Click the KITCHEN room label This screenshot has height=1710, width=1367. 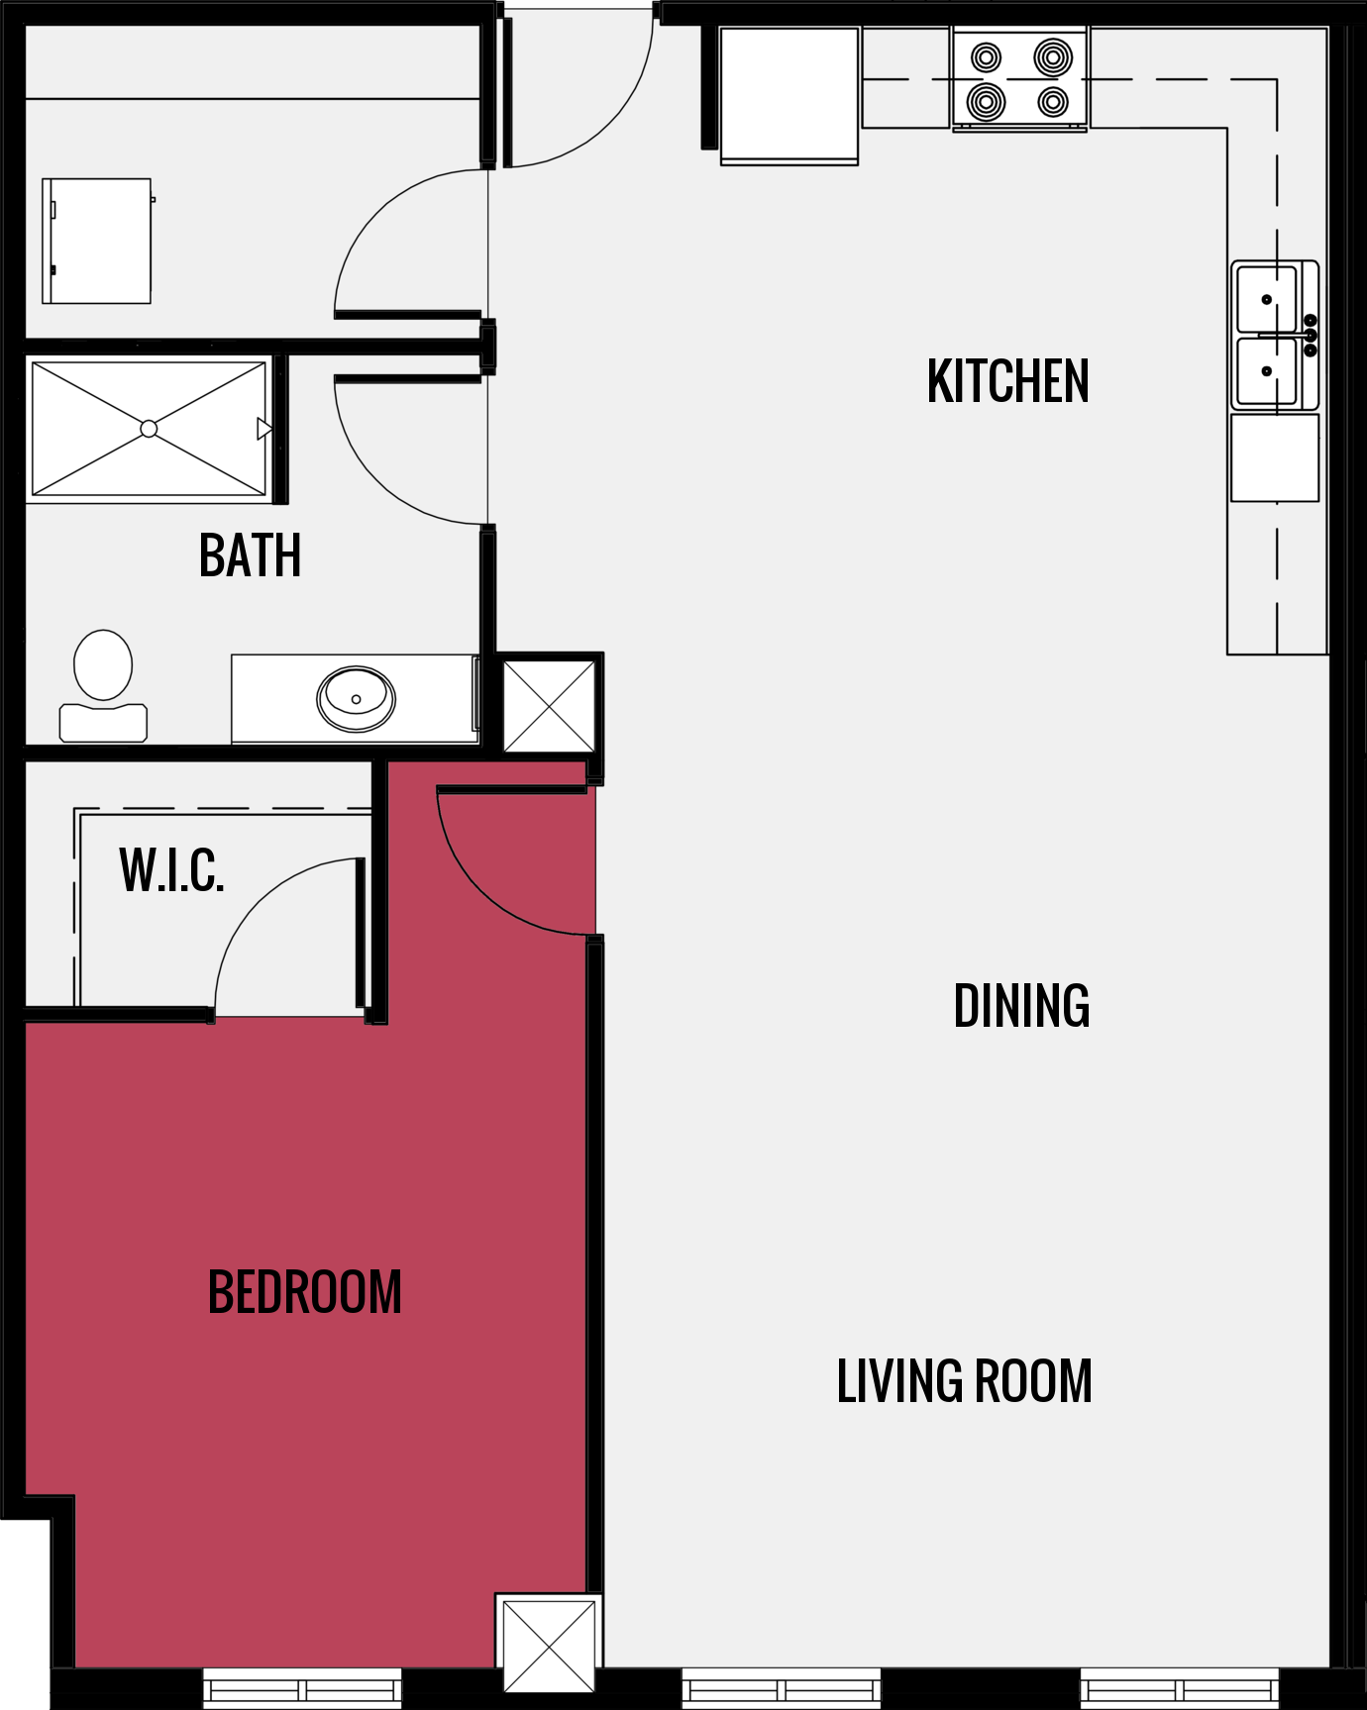pos(1007,381)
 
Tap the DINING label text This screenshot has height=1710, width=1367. pos(1021,1006)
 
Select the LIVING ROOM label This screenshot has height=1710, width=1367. pos(964,1381)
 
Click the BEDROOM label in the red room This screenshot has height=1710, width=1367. pos(304,1292)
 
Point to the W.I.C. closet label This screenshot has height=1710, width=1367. pos(171,870)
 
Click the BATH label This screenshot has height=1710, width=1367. pos(250,555)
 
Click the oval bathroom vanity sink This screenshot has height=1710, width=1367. pos(356,699)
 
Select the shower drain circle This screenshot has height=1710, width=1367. pos(149,429)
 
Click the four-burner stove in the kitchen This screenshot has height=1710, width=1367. pos(1019,79)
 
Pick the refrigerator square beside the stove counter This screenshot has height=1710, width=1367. pos(789,95)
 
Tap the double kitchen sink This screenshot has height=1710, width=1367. pos(1274,336)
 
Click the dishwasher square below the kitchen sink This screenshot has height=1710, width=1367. pos(1275,457)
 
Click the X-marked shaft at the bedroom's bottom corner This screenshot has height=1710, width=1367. pos(549,1645)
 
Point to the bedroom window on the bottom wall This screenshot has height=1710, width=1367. pos(302,1688)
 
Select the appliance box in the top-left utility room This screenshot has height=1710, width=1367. pos(96,241)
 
